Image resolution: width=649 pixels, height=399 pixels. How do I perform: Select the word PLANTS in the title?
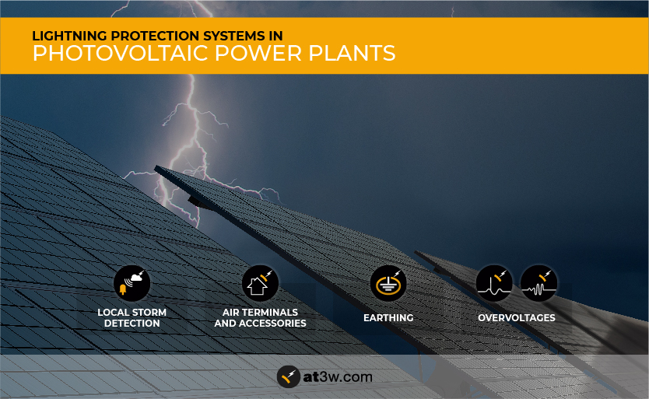pyautogui.click(x=352, y=53)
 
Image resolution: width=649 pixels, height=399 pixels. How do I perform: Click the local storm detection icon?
pyautogui.click(x=132, y=284)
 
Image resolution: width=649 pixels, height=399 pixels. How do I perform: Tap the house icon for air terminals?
pyautogui.click(x=260, y=284)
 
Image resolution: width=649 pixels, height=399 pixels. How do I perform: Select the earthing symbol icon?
pyautogui.click(x=388, y=284)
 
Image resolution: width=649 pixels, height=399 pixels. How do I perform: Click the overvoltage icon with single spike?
pyautogui.click(x=494, y=284)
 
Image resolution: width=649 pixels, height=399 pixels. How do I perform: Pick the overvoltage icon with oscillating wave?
pyautogui.click(x=538, y=284)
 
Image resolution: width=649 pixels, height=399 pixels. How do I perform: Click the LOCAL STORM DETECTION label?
pyautogui.click(x=132, y=318)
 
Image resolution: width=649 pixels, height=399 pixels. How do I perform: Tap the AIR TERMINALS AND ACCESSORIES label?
pyautogui.click(x=261, y=318)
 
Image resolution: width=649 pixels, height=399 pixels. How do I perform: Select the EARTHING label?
pyautogui.click(x=388, y=318)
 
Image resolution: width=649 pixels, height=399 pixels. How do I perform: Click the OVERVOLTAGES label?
pyautogui.click(x=517, y=318)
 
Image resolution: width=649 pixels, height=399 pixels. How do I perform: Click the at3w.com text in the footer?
pyautogui.click(x=338, y=377)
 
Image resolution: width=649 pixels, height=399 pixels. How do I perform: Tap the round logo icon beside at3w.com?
pyautogui.click(x=289, y=376)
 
